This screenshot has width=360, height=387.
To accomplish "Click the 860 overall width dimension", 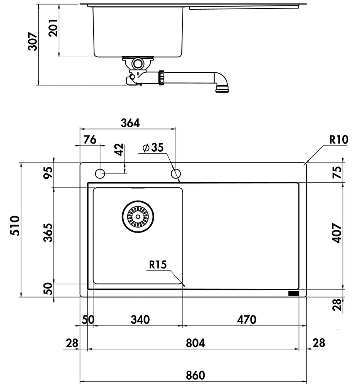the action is point(195,375).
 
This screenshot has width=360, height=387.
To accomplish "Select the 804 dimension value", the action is point(195,343).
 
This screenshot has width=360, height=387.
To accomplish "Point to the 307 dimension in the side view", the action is point(32,41).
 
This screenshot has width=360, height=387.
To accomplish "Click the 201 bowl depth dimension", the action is point(53,28).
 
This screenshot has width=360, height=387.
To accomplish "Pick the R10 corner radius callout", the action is point(339,140).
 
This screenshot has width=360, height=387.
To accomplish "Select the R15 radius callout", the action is point(158,265).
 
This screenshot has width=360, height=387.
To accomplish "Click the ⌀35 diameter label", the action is point(153,147).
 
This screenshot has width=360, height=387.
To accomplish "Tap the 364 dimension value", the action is point(130,123).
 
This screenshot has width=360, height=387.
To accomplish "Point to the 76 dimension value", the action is point(90,140).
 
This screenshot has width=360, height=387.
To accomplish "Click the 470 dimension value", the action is point(247,320).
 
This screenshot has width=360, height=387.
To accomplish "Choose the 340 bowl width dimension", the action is point(140,320).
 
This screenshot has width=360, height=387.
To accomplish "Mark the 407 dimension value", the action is point(337,233).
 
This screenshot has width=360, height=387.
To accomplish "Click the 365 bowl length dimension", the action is point(48,233).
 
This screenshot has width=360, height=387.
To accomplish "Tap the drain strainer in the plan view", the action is point(138,217).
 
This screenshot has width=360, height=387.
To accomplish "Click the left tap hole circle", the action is point(100,173).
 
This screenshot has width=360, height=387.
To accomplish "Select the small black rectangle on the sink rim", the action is point(293,293).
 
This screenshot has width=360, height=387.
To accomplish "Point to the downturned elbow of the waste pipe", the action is point(222,81).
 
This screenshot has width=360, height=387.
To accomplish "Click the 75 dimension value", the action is point(337,172).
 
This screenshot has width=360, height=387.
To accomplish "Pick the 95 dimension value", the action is point(48,173).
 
